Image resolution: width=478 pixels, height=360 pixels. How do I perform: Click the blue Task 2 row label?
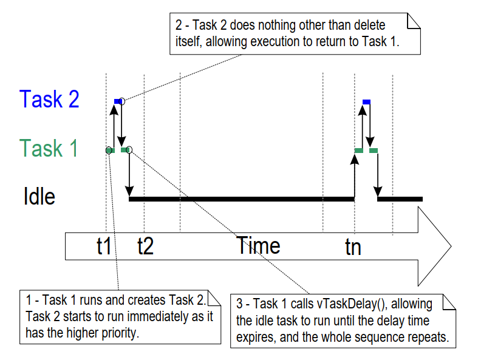pos(49,99)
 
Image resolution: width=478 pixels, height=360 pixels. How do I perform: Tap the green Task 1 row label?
pos(49,148)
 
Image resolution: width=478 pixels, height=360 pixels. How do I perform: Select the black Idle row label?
pos(39,197)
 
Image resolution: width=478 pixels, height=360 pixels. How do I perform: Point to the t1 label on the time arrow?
pos(104,246)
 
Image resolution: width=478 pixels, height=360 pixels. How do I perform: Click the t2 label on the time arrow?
pos(145,246)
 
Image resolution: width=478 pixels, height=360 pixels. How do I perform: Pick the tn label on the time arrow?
pos(352,246)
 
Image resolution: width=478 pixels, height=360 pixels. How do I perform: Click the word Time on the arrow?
pos(258,245)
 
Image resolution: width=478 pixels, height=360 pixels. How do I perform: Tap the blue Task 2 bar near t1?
pos(117,101)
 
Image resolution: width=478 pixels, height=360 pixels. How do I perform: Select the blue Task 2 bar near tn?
pos(366,101)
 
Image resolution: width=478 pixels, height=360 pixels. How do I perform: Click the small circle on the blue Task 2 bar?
pos(122,101)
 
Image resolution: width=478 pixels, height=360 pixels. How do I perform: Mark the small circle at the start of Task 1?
pos(109,150)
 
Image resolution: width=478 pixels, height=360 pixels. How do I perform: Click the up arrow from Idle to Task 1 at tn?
pos(355,176)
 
